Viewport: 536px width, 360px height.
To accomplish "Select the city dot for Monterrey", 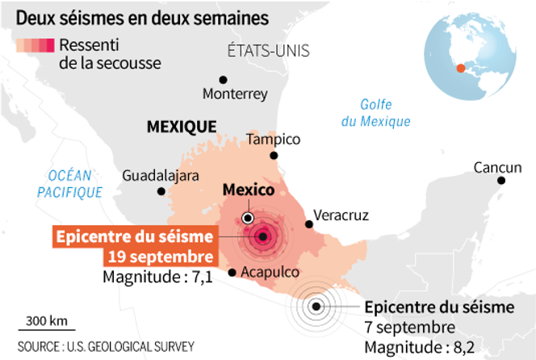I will pyautogui.click(x=223, y=79).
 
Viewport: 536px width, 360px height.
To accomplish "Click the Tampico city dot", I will pyautogui.click(x=274, y=155).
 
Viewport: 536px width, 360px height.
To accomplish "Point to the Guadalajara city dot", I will pyautogui.click(x=161, y=191).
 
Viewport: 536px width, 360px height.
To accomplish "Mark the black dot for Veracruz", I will pyautogui.click(x=308, y=224).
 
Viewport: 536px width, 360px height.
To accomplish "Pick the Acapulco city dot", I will pyautogui.click(x=232, y=272).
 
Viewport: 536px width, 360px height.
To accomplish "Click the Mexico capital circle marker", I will pyautogui.click(x=248, y=218).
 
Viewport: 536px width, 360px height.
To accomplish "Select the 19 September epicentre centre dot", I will pyautogui.click(x=263, y=236).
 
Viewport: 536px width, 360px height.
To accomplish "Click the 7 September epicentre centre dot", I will pyautogui.click(x=317, y=305).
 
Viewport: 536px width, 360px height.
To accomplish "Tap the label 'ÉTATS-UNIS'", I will pyautogui.click(x=270, y=52).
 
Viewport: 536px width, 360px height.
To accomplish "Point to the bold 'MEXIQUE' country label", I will pyautogui.click(x=181, y=126).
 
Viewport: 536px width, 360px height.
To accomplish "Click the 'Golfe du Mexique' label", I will pyautogui.click(x=375, y=112).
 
